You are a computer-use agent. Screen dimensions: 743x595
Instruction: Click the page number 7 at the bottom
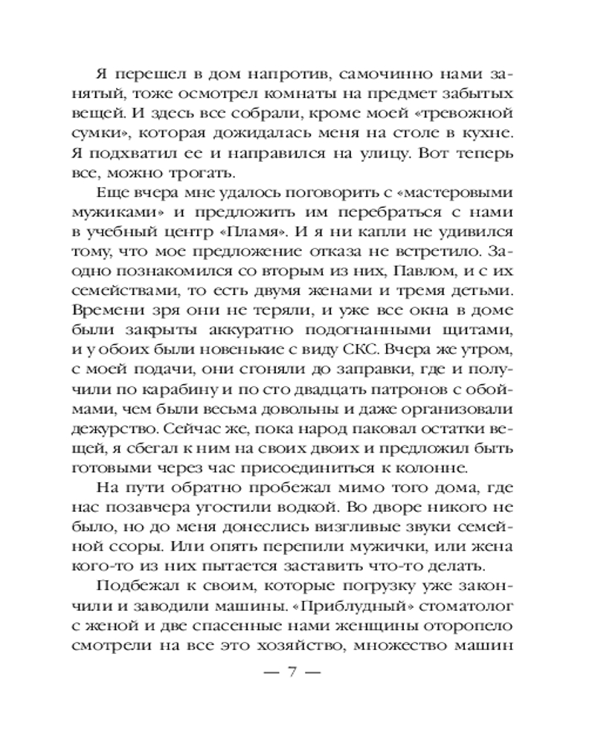click(292, 675)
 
